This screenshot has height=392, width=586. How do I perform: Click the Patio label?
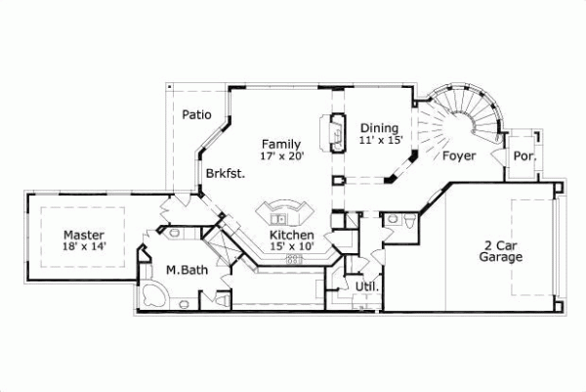196,114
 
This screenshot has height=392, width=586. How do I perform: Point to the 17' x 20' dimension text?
283,156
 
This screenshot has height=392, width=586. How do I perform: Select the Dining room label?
379,127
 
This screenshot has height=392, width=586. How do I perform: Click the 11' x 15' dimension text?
381,140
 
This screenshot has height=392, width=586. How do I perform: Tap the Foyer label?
459,155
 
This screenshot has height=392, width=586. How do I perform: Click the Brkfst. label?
225,173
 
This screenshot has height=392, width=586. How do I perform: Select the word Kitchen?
291,236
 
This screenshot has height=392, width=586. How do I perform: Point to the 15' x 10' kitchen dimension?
291,247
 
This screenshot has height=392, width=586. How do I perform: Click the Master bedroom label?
84,235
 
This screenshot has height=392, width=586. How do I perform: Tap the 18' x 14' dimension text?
84,247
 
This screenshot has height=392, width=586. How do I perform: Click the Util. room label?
366,286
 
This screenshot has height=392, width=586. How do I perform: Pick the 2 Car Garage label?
501,251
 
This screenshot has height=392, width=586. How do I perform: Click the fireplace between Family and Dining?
335,132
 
